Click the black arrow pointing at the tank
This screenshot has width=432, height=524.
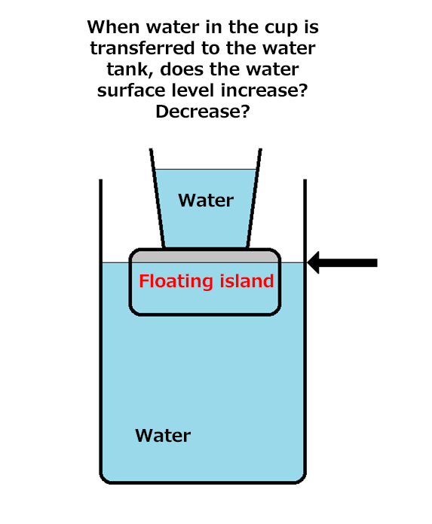coord(342,262)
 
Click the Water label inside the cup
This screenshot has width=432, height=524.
coord(206,201)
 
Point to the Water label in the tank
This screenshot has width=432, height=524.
coord(163,436)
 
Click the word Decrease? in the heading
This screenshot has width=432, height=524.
coord(203,112)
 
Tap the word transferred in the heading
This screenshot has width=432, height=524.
coord(142,48)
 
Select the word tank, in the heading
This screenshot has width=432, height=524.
coord(130,70)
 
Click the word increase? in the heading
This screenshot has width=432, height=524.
coord(265,91)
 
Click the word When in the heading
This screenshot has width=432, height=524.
coord(113,27)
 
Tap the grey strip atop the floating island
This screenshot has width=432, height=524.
coord(205,256)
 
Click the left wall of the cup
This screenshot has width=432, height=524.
coord(158,198)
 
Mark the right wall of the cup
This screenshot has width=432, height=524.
coord(254,198)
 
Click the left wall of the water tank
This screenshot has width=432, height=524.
coord(100,327)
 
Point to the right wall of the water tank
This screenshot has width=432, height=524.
coord(305,327)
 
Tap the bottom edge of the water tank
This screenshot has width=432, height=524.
coord(203,483)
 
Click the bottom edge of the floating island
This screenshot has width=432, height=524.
coord(205,314)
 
